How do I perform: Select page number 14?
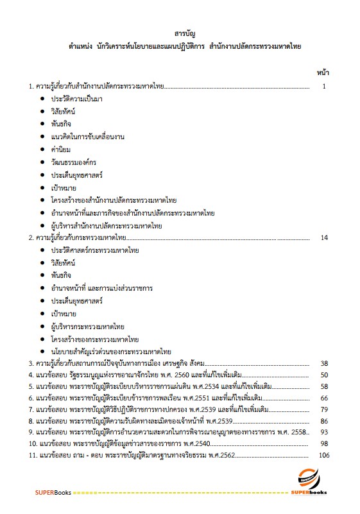pyautogui.click(x=323, y=238)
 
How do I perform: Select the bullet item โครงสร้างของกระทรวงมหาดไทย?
pyautogui.click(x=97, y=339)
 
